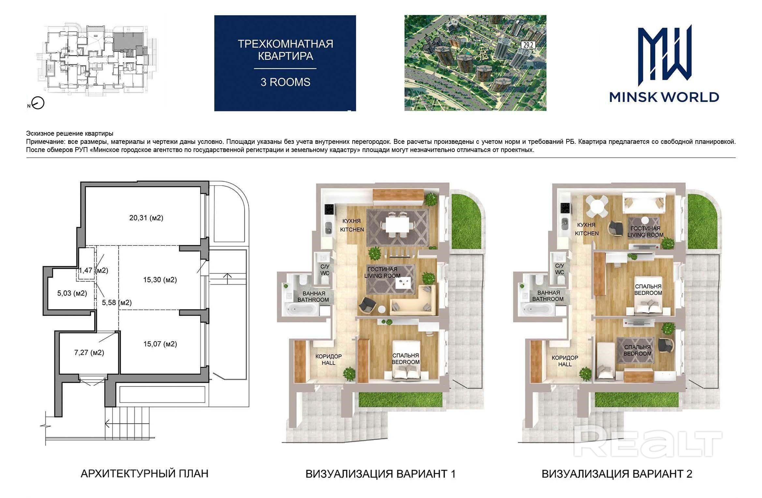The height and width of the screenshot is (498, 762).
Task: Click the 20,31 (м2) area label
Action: tap(146, 218)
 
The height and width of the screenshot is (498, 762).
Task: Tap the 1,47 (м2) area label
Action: tap(93, 270)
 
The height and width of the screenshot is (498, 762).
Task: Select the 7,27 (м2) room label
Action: tap(89, 353)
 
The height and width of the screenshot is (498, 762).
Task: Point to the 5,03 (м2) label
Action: tap(72, 293)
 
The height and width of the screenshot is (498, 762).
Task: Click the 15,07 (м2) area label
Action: tap(160, 344)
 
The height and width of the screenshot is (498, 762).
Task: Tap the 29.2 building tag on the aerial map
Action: tap(528, 45)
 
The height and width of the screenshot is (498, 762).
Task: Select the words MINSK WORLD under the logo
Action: tap(664, 97)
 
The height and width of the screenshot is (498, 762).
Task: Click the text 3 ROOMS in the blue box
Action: tap(285, 82)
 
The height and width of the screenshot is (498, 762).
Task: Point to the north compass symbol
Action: tap(38, 104)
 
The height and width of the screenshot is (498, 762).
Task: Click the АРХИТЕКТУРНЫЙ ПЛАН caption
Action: tap(144, 474)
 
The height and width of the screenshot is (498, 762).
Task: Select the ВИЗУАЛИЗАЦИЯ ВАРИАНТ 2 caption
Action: tap(617, 474)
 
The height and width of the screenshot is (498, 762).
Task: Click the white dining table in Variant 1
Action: tap(397, 224)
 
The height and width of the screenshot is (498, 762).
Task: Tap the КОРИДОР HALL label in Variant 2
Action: tap(565, 361)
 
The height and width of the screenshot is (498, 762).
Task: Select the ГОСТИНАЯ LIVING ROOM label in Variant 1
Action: tap(382, 272)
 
